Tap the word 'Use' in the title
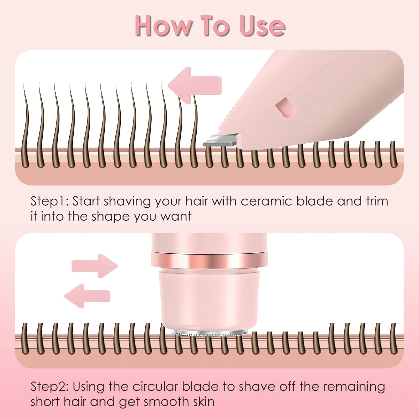[x=262, y=26]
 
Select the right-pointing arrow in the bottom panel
[x=94, y=266]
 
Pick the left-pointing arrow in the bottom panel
[x=87, y=296]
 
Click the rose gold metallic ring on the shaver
[x=209, y=260]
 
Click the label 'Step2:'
[x=49, y=387]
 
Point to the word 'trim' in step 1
[x=377, y=201]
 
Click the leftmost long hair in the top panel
[x=26, y=125]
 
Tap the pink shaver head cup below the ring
[x=209, y=299]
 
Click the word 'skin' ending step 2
[x=204, y=402]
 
